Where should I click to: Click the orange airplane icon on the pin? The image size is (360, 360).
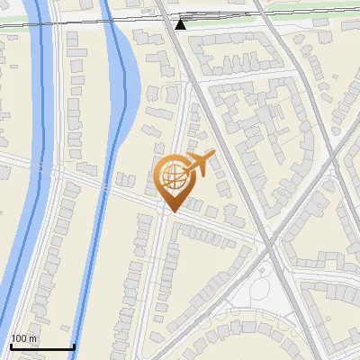click(199, 164)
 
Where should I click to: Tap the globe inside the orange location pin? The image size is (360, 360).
click(173, 175)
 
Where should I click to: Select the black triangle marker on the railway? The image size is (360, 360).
click(181, 24)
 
